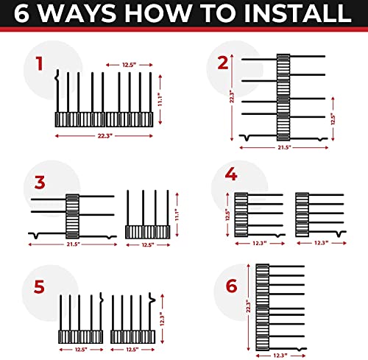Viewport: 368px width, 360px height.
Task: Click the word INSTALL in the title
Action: [x=297, y=13]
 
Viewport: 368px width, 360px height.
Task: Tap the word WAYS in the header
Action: [x=77, y=13]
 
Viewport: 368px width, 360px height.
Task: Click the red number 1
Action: [x=39, y=64]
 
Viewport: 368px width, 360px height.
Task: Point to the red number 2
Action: [x=223, y=63]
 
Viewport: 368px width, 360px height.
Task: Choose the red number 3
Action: [x=40, y=183]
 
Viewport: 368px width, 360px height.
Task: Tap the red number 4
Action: [x=231, y=174]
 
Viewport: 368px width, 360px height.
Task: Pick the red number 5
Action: [x=39, y=286]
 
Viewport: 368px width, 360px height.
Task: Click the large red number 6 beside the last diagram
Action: [x=232, y=286]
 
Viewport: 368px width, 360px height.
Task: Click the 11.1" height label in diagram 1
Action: [x=160, y=99]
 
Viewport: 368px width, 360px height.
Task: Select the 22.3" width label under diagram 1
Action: [x=105, y=135]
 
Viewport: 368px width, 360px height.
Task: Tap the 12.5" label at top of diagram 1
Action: [x=129, y=65]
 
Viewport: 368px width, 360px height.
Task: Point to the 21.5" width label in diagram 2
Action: [x=284, y=147]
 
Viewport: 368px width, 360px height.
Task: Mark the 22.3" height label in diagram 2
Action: [x=232, y=96]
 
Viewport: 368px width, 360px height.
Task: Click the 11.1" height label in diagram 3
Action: [x=177, y=215]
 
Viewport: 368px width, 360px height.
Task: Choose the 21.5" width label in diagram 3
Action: [x=74, y=244]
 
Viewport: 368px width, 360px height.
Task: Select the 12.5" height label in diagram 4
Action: [x=228, y=214]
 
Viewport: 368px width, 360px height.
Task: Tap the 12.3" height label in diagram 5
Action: [x=162, y=319]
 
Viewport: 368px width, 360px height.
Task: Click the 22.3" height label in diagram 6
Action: [x=249, y=306]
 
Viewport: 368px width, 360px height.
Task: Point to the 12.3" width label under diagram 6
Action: [x=280, y=355]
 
